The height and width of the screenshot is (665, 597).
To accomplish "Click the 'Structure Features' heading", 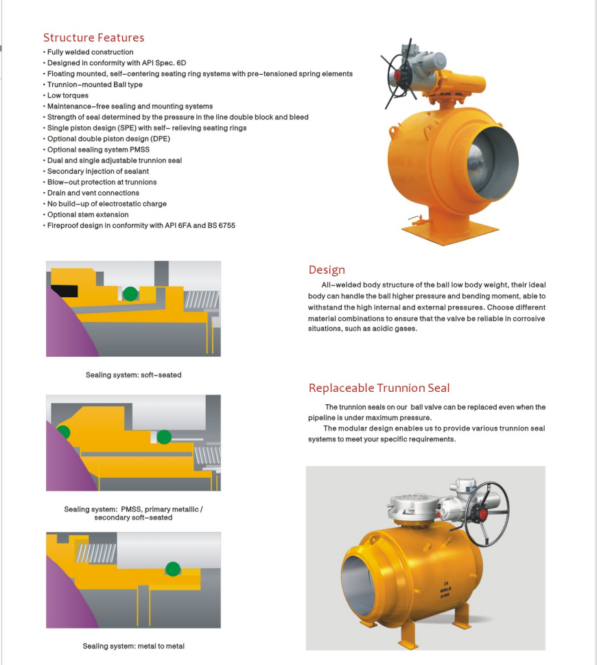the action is point(94,38).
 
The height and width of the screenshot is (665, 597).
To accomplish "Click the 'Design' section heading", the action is point(327,270).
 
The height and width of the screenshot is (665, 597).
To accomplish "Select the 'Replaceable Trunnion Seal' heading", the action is point(379,388).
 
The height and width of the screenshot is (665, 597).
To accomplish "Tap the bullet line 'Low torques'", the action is point(68,95).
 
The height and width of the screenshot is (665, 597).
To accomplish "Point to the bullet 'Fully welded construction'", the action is point(91,52).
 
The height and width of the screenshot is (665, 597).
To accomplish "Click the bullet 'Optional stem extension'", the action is point(88,215).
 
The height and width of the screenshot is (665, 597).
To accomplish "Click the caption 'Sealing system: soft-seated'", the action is point(134,375).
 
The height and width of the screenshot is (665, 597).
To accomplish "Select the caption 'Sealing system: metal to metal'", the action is point(134,646).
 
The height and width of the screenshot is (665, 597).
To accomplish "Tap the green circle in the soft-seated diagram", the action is point(130,294).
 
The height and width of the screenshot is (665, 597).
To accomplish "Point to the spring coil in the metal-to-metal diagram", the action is point(96,553).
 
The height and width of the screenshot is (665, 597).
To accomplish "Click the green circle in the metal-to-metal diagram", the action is point(173,569).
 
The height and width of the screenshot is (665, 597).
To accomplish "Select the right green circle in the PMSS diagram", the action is point(164,437).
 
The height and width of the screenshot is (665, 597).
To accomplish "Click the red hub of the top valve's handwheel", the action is point(398,76).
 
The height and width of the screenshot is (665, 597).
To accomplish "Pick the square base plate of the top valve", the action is point(450,233).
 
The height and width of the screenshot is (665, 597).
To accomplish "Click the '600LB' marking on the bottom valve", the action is point(445,590).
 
